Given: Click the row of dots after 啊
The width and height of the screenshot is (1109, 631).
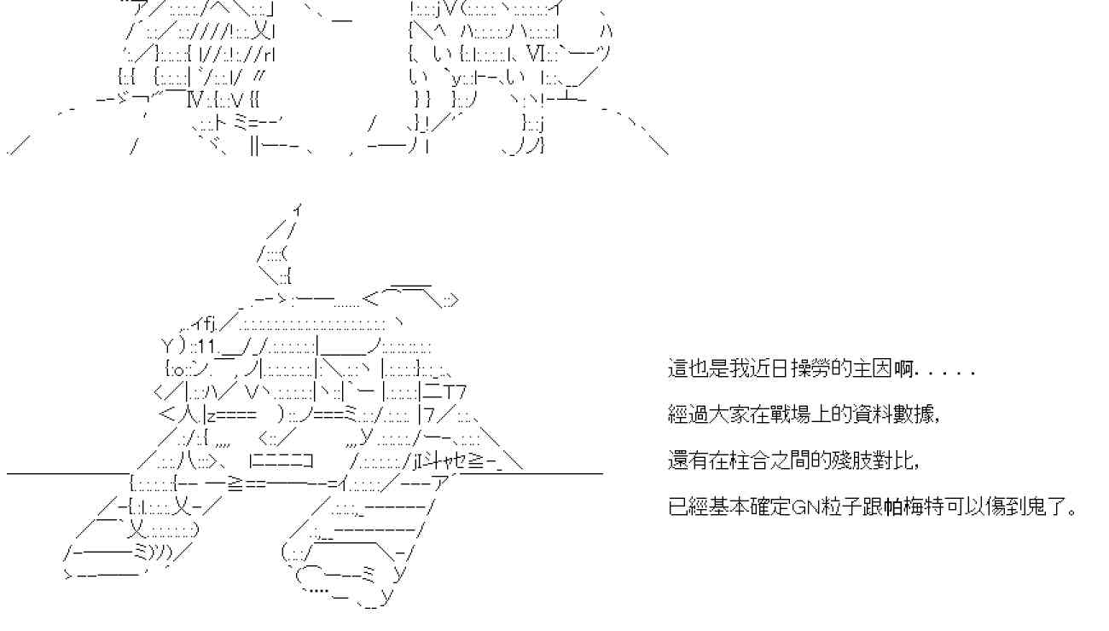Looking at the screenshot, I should [946, 370].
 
